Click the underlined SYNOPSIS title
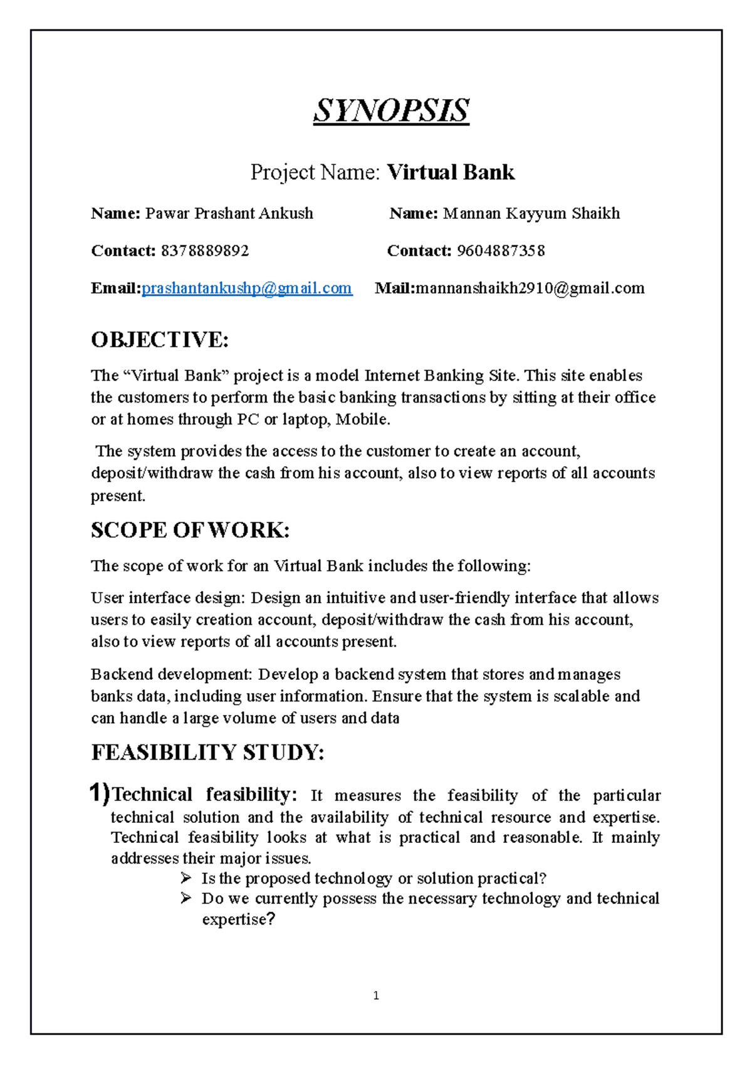tap(391, 111)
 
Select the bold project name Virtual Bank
tap(451, 172)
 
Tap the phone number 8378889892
tap(205, 251)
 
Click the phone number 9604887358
tap(501, 251)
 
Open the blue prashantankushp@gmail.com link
tap(247, 288)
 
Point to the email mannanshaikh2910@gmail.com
tap(530, 288)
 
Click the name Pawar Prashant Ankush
tap(229, 213)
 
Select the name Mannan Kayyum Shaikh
tap(531, 213)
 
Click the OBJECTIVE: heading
tap(160, 340)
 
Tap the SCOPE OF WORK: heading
tap(190, 530)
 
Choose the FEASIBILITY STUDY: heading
tap(207, 752)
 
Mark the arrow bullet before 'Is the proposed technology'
tap(186, 877)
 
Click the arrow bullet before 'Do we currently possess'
tap(186, 898)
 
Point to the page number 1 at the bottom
tap(376, 995)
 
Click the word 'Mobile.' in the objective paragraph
tap(363, 420)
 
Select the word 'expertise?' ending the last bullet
tap(238, 919)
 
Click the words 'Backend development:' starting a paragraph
tap(171, 674)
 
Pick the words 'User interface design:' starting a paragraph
tap(168, 598)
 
